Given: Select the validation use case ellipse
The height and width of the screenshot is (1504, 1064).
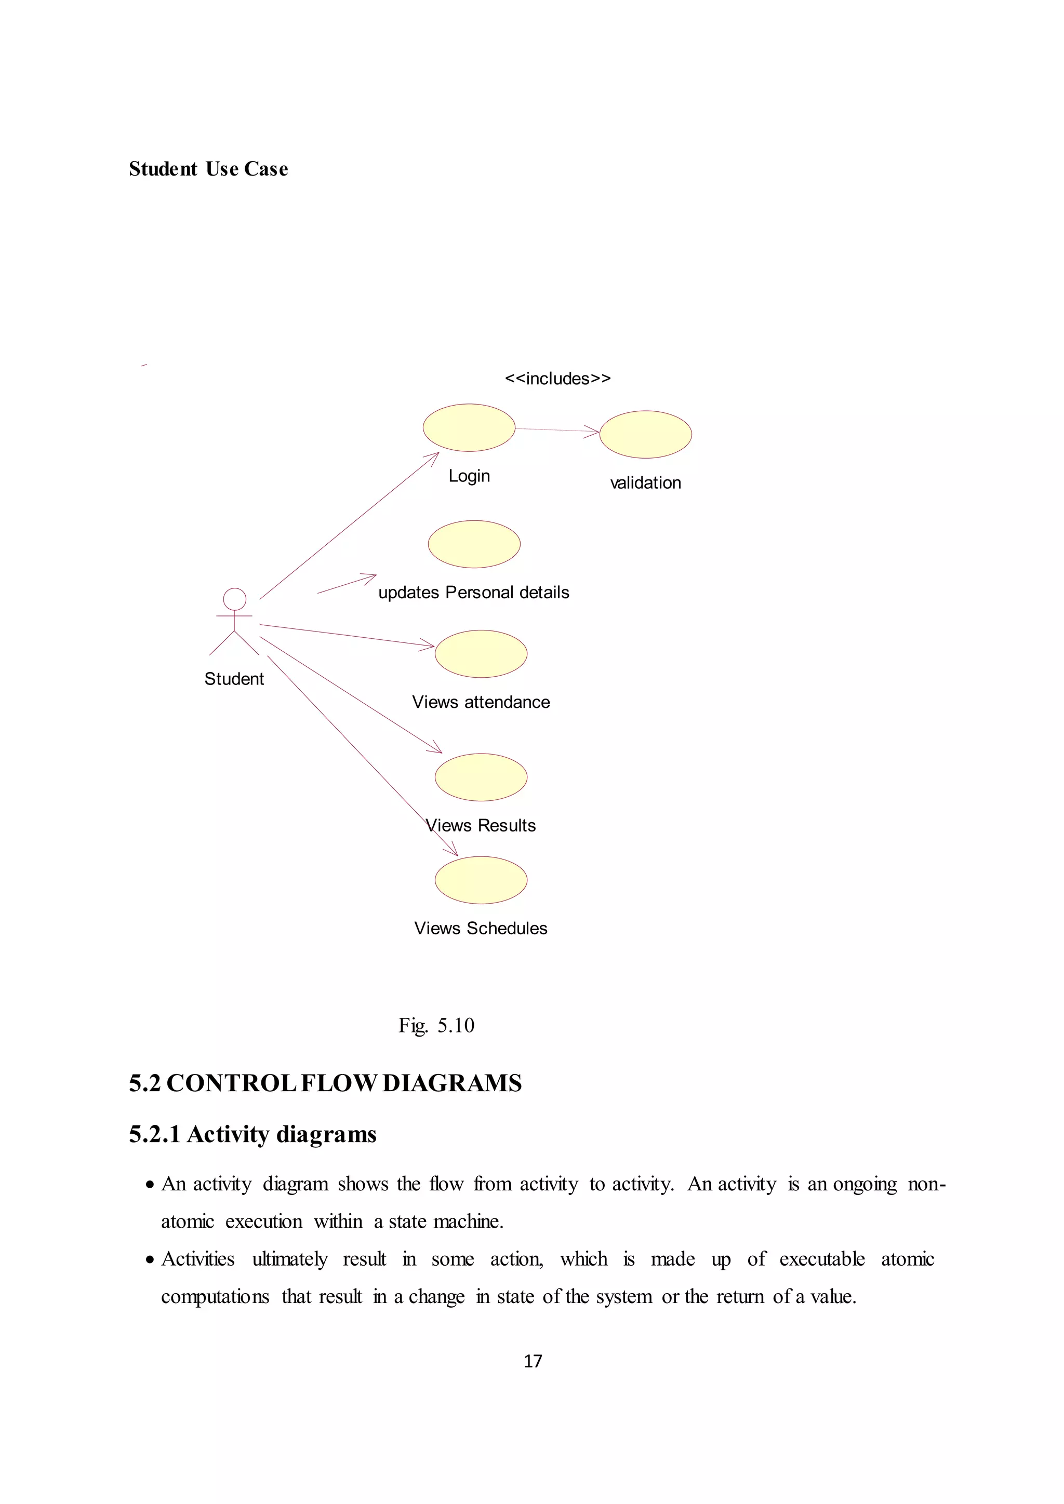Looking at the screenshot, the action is pyautogui.click(x=645, y=434).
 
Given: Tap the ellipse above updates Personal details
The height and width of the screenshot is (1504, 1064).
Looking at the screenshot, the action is pyautogui.click(x=474, y=544).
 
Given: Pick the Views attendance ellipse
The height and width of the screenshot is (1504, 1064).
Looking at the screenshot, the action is pyautogui.click(x=481, y=654).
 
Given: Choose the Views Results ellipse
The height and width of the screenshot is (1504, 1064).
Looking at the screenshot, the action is pyautogui.click(x=481, y=777).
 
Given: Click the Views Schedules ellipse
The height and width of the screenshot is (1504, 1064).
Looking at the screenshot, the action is pyautogui.click(x=481, y=880).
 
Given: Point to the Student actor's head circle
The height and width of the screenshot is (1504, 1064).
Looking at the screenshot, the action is pyautogui.click(x=234, y=599).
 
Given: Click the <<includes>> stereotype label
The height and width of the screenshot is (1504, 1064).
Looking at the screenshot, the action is pyautogui.click(x=557, y=379).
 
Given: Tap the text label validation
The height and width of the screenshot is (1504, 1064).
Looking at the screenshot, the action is pyautogui.click(x=645, y=483).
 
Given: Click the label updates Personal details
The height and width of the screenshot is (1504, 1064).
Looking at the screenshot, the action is pyautogui.click(x=474, y=592).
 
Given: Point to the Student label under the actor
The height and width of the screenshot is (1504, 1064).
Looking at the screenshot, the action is pyautogui.click(x=234, y=679).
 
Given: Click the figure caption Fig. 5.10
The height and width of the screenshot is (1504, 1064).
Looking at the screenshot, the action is pyautogui.click(x=436, y=1025).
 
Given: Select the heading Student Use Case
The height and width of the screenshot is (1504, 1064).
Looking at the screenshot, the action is pyautogui.click(x=208, y=169).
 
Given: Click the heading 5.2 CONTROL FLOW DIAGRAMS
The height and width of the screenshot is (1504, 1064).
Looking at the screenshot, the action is pyautogui.click(x=325, y=1083).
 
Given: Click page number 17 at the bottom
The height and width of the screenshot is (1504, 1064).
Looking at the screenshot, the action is pyautogui.click(x=533, y=1361).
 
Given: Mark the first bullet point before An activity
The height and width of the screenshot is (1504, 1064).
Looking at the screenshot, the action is pyautogui.click(x=151, y=1185).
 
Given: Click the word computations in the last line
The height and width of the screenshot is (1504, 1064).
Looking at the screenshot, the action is pyautogui.click(x=215, y=1297).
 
